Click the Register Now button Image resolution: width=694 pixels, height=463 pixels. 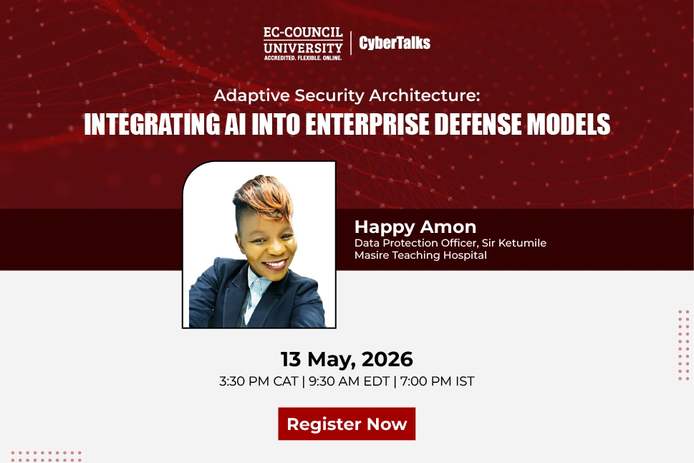(x=347, y=424)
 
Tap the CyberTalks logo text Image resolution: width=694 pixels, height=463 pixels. (x=395, y=42)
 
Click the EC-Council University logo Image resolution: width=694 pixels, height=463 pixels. (x=303, y=44)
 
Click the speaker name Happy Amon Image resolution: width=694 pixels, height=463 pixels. (x=415, y=227)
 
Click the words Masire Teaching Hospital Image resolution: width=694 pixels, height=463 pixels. (x=420, y=255)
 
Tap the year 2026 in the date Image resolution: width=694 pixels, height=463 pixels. (x=387, y=359)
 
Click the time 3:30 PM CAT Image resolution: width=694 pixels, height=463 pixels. (x=259, y=381)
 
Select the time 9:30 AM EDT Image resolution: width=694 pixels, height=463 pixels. (x=350, y=381)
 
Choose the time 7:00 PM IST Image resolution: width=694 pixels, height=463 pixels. (x=438, y=381)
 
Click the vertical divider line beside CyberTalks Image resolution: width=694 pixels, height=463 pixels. (x=351, y=43)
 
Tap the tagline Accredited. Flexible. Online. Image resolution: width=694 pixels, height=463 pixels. (x=303, y=58)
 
